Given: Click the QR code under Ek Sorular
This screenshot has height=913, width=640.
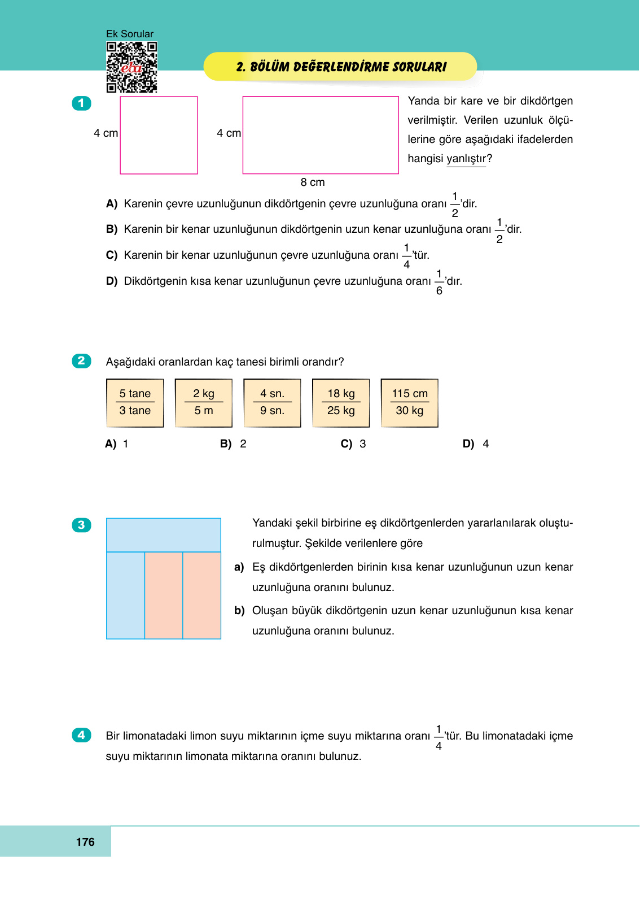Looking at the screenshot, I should (131, 67).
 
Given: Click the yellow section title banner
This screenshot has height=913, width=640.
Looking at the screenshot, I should (340, 67).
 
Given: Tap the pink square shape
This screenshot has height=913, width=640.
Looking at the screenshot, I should (159, 135).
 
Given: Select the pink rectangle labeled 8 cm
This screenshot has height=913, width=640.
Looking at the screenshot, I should (321, 135).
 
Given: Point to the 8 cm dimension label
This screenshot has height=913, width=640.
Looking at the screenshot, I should (312, 182).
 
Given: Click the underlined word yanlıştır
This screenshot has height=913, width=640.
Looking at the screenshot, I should (466, 159).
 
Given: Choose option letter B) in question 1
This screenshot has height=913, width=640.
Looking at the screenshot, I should (112, 229).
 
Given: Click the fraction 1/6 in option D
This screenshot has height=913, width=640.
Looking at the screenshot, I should (439, 282).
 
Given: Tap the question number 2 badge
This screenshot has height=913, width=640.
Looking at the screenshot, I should (81, 361).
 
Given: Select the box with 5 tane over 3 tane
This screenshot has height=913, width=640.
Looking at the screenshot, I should (135, 403).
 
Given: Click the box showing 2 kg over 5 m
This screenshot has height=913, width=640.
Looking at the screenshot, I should (204, 403).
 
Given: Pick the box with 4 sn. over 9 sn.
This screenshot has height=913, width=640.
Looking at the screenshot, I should (272, 403).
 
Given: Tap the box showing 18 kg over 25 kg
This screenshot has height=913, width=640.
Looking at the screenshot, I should (341, 403).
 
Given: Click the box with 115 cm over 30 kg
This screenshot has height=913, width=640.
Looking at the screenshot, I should (410, 403).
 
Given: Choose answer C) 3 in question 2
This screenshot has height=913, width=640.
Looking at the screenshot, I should (353, 444).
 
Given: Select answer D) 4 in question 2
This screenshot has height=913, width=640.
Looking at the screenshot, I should (476, 444).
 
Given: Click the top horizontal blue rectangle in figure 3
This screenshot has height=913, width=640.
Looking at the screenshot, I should (163, 534).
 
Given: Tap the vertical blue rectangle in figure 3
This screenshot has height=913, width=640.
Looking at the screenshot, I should (125, 595).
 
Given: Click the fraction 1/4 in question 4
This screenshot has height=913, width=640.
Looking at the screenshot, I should (439, 737).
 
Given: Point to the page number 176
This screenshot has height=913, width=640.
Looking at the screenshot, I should (85, 842).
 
